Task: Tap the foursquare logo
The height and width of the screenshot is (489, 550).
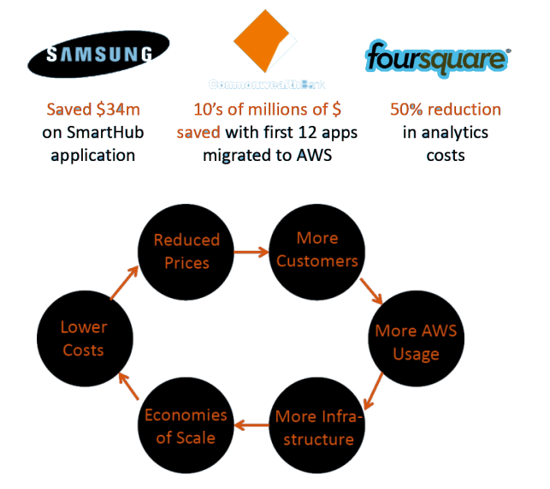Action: pos(437,58)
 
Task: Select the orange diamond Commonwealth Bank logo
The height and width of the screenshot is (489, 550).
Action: pos(268,44)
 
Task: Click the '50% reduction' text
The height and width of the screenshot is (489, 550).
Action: pos(445,110)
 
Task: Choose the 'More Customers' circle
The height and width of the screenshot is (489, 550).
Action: pos(316,248)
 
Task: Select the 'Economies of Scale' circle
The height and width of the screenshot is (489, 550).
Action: pos(186,426)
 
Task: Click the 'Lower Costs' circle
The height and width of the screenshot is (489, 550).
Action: pos(83,338)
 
